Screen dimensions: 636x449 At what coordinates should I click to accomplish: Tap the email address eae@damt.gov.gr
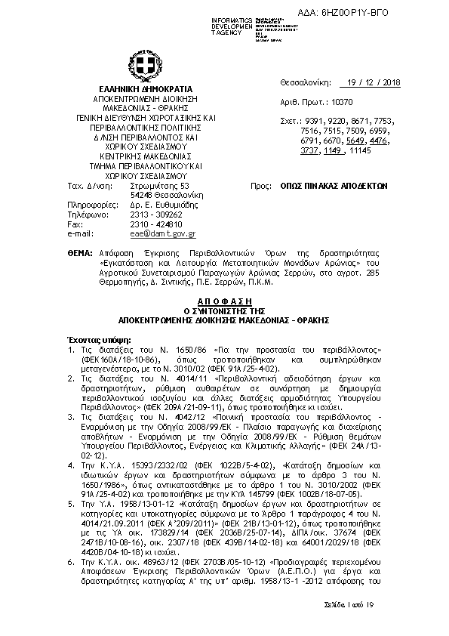click(163, 234)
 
